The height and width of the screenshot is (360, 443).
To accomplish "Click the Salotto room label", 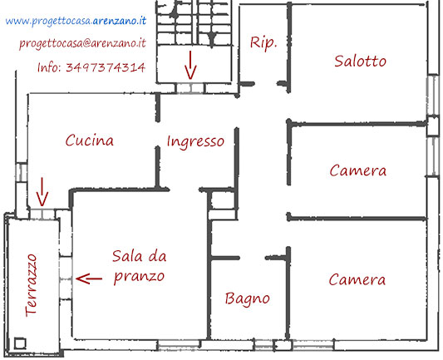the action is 360,61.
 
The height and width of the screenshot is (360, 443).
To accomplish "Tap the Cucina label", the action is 90,141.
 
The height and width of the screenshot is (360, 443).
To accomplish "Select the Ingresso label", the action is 195,142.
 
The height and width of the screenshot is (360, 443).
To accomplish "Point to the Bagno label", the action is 248,299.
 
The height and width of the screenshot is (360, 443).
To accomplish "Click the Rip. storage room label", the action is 263,43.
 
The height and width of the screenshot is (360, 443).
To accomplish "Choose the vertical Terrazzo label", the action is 31,285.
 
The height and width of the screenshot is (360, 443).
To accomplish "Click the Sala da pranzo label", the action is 140,267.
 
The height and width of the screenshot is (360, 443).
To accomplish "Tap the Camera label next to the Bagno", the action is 357,279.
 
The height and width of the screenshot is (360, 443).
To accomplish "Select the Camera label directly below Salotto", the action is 358,170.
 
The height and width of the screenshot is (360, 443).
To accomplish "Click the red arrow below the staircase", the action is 190,65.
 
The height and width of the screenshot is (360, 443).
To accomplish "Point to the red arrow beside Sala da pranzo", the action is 89,279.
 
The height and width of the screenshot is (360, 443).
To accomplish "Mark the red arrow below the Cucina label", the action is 42,192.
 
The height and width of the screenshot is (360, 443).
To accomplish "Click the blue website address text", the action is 76,21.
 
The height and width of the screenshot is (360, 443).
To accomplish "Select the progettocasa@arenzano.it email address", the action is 82,43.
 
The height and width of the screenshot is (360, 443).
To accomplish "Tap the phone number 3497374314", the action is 106,68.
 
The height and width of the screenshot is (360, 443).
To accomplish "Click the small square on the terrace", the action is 20,343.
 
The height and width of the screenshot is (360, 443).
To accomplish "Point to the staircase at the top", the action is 194,22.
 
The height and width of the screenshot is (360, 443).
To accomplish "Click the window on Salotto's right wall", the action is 432,95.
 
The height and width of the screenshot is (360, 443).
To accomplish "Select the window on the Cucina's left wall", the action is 21,172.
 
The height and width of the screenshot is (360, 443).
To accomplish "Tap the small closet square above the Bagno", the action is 222,200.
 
